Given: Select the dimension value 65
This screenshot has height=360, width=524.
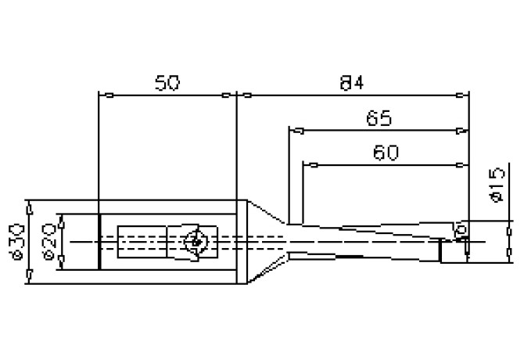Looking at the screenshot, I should [x=379, y=118].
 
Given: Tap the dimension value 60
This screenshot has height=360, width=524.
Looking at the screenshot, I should [x=386, y=153].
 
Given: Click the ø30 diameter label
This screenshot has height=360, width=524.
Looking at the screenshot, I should [x=17, y=242].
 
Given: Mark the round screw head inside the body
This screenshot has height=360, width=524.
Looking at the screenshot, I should [x=195, y=242].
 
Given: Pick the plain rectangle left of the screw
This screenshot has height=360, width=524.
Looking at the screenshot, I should [x=142, y=243].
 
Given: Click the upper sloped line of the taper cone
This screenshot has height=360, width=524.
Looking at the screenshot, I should [x=264, y=211].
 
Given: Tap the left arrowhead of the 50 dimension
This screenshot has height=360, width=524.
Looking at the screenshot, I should [x=109, y=96].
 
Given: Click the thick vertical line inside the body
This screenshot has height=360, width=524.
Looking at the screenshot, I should [x=99, y=242].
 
